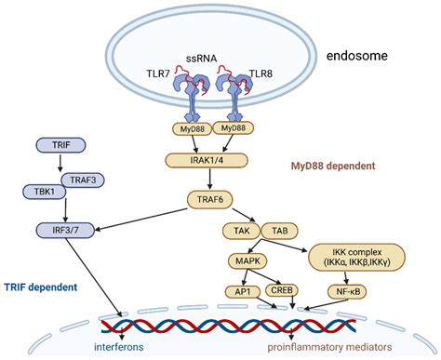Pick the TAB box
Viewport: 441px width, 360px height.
click(278, 229)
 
